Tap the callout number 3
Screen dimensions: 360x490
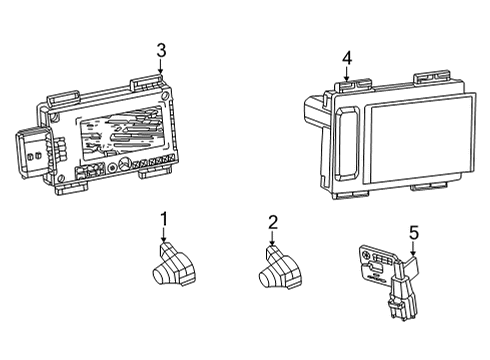point(160,51)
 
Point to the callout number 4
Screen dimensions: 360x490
point(346,59)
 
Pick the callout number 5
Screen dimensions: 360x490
point(413,235)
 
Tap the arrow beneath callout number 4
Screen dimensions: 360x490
point(346,76)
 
